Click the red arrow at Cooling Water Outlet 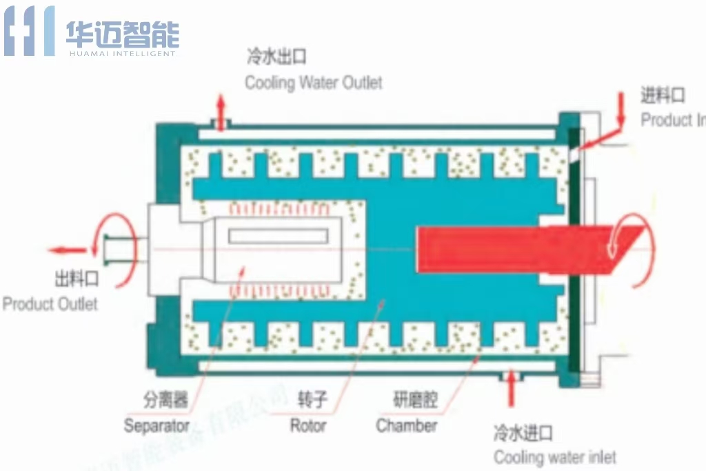click(x=221, y=108)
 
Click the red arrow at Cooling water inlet click(x=511, y=390)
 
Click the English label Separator click(x=157, y=425)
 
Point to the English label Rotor click(x=307, y=425)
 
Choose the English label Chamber click(x=406, y=425)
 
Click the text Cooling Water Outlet click(x=314, y=83)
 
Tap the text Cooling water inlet click(x=554, y=457)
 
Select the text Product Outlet click(x=50, y=303)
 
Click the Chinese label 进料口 click(x=663, y=95)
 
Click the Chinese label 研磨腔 click(x=415, y=400)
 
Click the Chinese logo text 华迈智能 click(x=123, y=32)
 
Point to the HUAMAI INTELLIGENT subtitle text click(x=123, y=53)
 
